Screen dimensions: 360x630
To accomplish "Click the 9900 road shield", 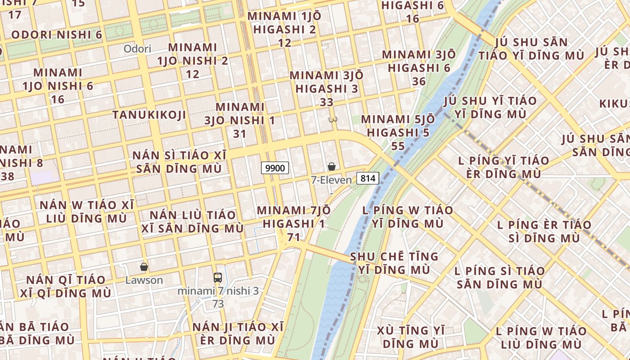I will click(275, 168).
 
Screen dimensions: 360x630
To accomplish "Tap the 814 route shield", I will click(368, 178).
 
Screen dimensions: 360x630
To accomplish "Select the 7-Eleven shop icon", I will click(332, 166).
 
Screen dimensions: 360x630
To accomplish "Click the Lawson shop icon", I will click(144, 267).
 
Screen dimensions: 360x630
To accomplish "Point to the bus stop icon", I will click(218, 277).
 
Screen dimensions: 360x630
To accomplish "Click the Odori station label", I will click(137, 49).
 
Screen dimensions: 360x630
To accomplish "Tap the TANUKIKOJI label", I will click(149, 115).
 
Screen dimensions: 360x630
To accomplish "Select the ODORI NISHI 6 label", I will click(57, 35).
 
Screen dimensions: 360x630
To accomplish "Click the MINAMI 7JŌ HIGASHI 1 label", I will click(294, 217).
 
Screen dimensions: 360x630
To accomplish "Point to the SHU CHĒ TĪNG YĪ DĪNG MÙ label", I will click(394, 263).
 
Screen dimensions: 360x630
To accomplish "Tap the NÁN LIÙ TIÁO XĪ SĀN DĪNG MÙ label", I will click(193, 221).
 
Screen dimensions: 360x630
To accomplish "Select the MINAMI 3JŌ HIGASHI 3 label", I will click(327, 82).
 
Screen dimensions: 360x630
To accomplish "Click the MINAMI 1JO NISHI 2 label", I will click(193, 54).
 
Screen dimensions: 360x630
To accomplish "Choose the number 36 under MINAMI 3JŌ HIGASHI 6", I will click(418, 81).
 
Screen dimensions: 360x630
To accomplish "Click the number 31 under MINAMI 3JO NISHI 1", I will click(240, 134).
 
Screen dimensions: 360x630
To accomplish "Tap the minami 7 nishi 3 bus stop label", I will click(218, 291).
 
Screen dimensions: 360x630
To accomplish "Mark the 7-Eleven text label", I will click(332, 180).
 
